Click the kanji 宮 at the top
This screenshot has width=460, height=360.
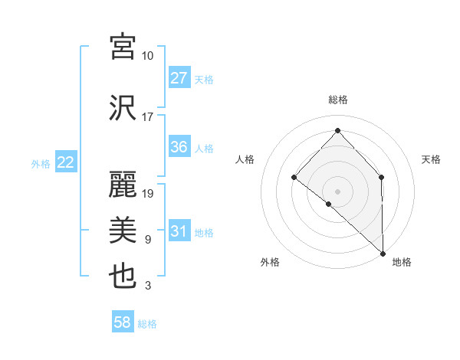coord(123,47)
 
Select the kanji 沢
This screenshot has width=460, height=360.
coord(123,108)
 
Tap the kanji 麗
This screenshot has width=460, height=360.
coord(123,185)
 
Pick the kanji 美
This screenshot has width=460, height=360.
coord(123,230)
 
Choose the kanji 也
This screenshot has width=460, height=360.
coord(123,275)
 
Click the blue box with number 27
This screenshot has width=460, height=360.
coord(179,78)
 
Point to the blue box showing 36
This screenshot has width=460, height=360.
coord(179,147)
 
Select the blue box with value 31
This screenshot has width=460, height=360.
coord(179,232)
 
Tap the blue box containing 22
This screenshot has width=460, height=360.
coord(65,162)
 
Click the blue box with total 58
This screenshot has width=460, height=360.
coord(123,323)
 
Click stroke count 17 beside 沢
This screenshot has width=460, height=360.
coord(148,117)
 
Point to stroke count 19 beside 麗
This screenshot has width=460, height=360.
coord(149,194)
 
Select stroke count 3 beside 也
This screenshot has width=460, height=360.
coord(148,286)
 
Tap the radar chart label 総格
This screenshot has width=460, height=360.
coord(337,100)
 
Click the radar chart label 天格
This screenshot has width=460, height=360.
coord(432,159)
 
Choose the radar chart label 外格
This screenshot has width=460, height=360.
coord(270,262)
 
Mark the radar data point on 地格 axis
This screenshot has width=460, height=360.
coord(382,252)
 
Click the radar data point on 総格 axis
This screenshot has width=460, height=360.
coord(337,130)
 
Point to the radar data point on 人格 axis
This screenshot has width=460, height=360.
coord(294,177)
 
